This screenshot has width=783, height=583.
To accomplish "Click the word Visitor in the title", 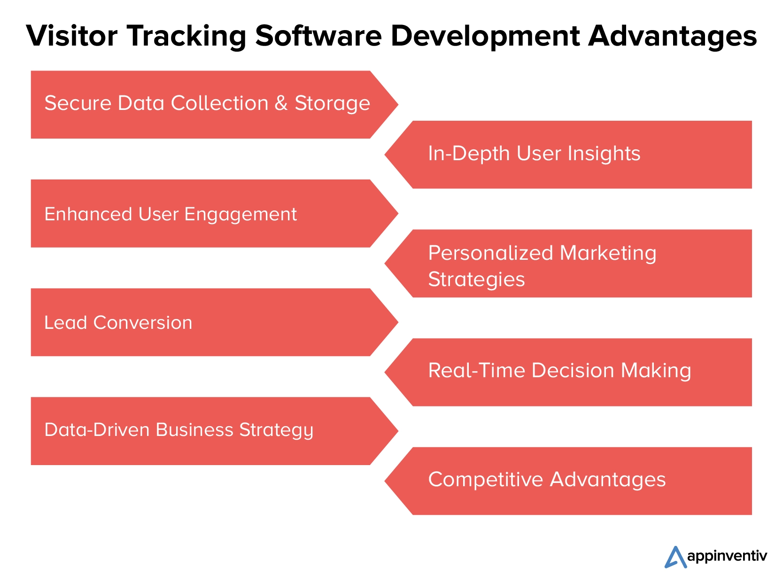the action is (x=72, y=36).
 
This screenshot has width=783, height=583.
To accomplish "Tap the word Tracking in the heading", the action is (x=186, y=37).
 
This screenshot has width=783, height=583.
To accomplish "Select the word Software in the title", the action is (x=318, y=36).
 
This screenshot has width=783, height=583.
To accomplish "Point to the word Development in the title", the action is (x=485, y=37).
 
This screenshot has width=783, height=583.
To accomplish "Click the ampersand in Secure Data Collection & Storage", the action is (x=281, y=103).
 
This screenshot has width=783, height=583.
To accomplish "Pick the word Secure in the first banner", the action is (x=78, y=103).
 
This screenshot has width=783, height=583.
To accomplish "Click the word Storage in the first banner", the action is (x=332, y=104).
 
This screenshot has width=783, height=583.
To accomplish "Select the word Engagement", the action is (x=240, y=215).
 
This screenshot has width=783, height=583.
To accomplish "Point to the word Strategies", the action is (x=476, y=280).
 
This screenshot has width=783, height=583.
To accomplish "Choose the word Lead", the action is (x=66, y=322).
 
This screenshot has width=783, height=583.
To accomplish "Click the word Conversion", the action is (x=143, y=322).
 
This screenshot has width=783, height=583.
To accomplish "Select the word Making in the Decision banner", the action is (x=656, y=372).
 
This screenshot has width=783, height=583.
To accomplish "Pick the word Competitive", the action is (x=485, y=480).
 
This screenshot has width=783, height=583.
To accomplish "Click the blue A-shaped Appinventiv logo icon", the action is (x=675, y=557).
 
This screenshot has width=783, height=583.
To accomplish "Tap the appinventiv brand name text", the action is (x=727, y=557).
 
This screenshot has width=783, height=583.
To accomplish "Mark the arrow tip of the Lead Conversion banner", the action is (x=398, y=322).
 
